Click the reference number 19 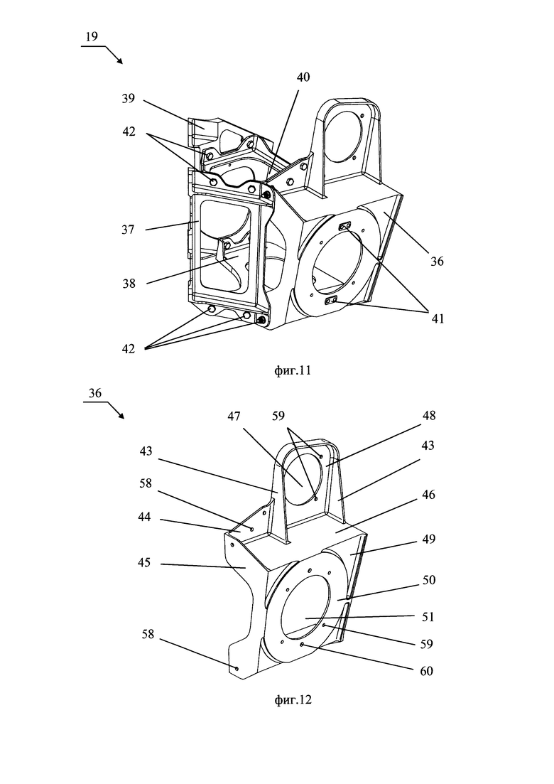coord(92,36)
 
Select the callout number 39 coord(129,99)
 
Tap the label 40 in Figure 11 coord(303,77)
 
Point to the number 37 coord(128,230)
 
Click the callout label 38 coord(129,284)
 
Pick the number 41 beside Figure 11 coord(438,318)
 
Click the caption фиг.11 coord(293,370)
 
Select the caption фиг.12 coord(293,699)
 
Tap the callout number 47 coord(234,416)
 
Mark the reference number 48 coord(428,416)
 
